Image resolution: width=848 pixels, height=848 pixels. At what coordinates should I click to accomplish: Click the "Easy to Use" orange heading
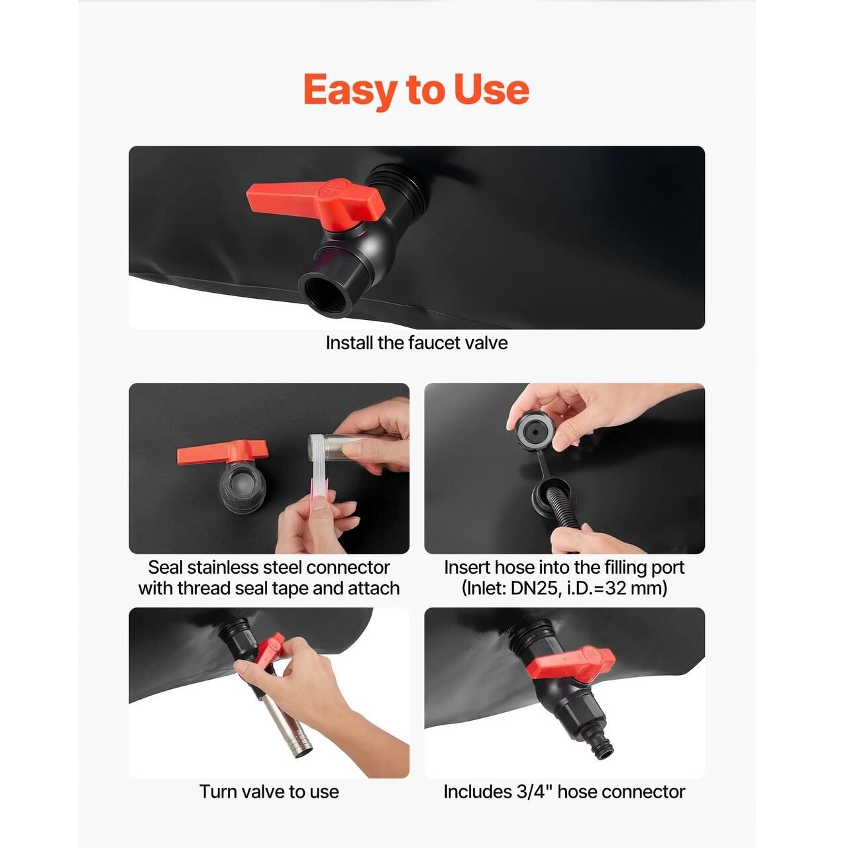(x=416, y=90)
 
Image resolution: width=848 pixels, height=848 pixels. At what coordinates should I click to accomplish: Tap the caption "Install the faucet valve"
(x=416, y=343)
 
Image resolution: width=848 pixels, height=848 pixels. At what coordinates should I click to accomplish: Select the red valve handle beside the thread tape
(x=223, y=452)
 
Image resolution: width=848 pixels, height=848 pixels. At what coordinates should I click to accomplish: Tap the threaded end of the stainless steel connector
(x=316, y=448)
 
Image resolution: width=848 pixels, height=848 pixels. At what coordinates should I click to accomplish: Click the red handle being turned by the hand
(x=270, y=652)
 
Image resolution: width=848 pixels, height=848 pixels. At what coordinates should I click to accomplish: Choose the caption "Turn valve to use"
(x=269, y=791)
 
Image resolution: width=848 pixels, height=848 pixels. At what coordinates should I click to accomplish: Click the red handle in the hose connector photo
(x=571, y=664)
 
